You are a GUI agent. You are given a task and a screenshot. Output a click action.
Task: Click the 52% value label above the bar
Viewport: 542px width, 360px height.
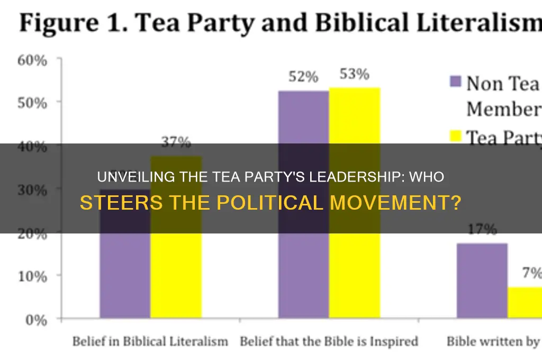[303, 77]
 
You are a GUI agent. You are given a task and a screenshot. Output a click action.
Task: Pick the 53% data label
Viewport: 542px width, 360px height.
[354, 74]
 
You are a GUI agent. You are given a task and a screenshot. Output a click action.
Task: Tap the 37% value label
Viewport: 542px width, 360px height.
[176, 142]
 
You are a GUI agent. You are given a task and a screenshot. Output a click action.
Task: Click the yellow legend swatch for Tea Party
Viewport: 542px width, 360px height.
[455, 138]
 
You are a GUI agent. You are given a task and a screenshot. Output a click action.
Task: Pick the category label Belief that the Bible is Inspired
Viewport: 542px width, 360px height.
[329, 341]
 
